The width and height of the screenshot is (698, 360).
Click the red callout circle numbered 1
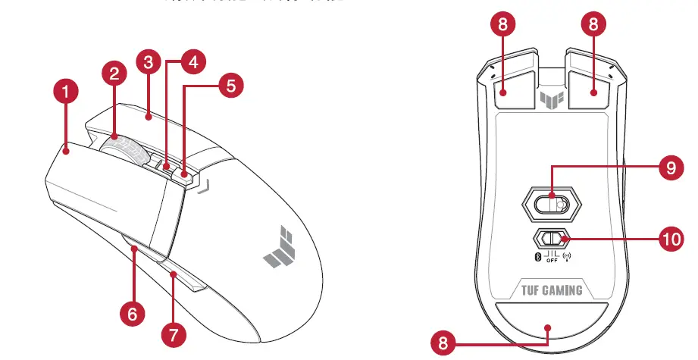[x=66, y=92]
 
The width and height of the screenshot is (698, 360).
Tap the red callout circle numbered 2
[x=114, y=74]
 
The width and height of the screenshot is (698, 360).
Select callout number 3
[x=149, y=63]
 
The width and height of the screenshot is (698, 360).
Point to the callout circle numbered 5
[x=231, y=86]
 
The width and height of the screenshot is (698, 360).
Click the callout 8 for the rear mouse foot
[x=443, y=343]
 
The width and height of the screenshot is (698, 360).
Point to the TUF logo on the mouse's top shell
[x=277, y=248]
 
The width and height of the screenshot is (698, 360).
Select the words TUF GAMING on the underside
[x=551, y=290]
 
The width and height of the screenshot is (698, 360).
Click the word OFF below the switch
[x=551, y=261]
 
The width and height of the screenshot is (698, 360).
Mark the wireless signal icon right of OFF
[x=568, y=256]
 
